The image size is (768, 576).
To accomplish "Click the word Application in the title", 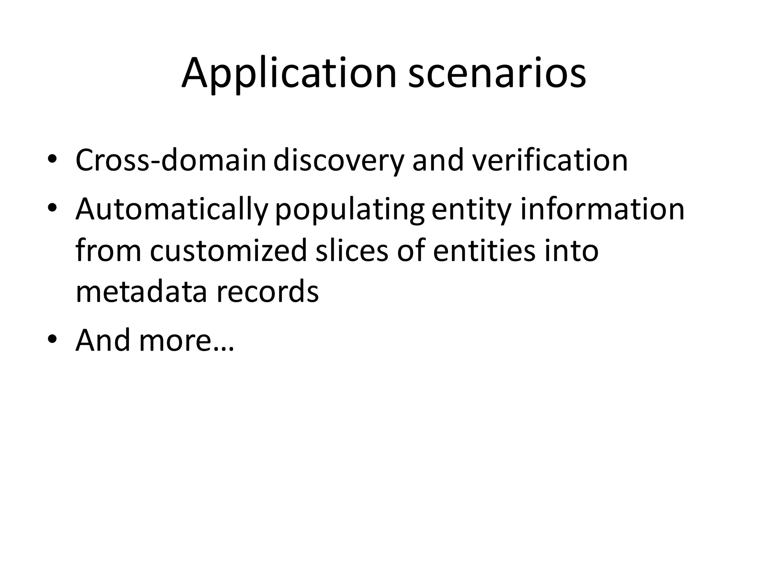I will [289, 73].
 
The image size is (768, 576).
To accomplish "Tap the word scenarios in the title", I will [497, 73].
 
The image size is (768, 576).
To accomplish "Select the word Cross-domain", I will [171, 160].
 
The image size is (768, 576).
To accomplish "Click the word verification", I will [550, 160].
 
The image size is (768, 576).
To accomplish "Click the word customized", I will [228, 250].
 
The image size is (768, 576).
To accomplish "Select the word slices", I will [351, 250].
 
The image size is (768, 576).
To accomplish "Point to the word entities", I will [484, 250].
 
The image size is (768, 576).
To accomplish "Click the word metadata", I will [141, 291].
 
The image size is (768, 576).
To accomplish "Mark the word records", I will [267, 291].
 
